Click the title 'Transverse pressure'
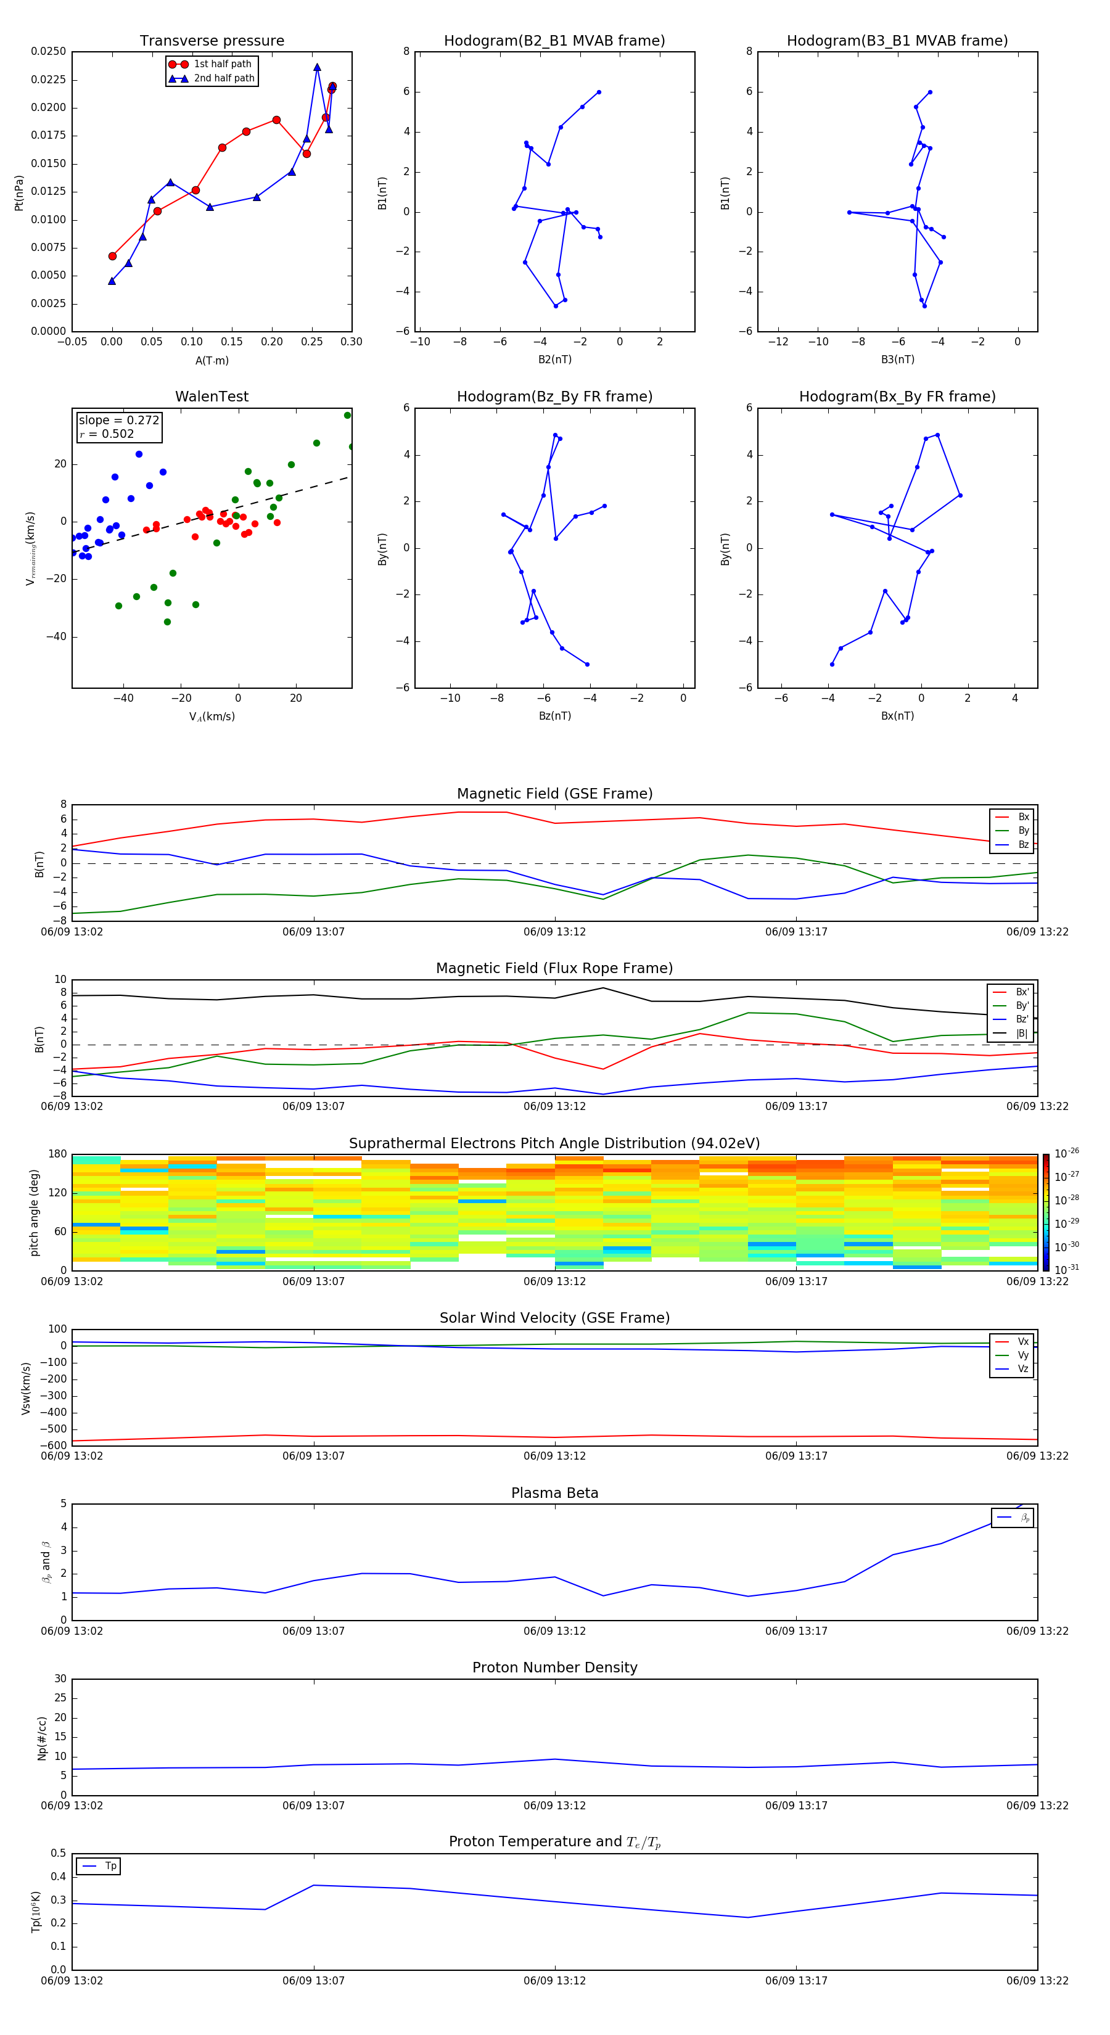[212, 41]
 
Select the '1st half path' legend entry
[222, 64]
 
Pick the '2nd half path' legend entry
[224, 78]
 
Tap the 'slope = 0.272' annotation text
[119, 421]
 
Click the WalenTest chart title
[212, 397]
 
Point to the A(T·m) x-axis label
[212, 361]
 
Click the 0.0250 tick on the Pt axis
[48, 51]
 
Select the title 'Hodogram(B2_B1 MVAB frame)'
[554, 41]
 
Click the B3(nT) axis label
[897, 360]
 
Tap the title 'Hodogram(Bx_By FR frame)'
[897, 397]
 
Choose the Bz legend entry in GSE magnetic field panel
[1023, 844]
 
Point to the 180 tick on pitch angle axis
[58, 1154]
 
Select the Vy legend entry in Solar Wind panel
[1022, 1355]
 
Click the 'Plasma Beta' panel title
[554, 1493]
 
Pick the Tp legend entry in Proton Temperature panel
[110, 1866]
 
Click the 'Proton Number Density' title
[554, 1667]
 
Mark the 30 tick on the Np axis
[60, 1679]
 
